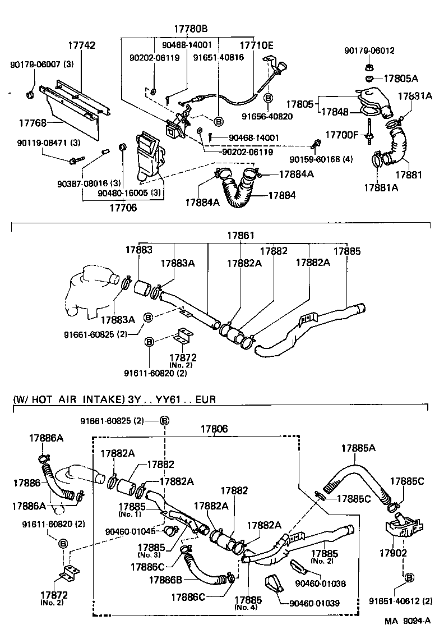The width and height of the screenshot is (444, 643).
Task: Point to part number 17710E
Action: [256, 45]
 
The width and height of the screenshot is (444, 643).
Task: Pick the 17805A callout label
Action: [400, 78]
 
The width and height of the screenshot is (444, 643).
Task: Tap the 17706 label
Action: [122, 207]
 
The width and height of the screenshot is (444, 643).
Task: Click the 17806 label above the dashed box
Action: [214, 429]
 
